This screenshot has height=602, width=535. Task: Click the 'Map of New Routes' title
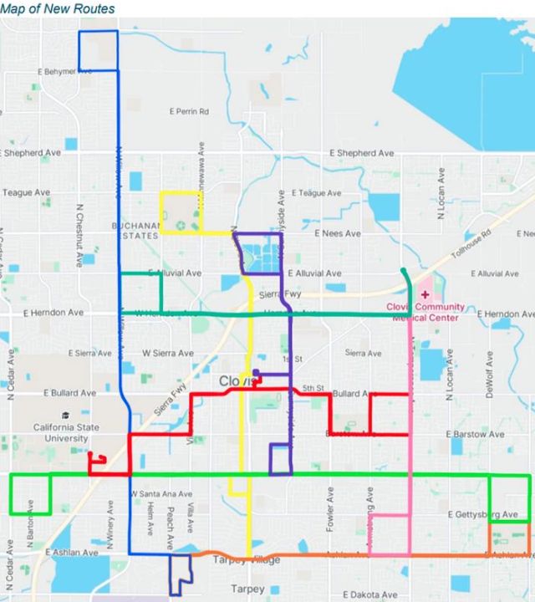(58, 8)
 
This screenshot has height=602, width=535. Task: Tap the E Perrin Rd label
(189, 111)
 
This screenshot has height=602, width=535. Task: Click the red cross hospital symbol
(425, 293)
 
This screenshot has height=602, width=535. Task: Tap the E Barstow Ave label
(475, 435)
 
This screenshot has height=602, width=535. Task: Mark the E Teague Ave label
(316, 193)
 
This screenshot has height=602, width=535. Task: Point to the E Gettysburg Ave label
(483, 514)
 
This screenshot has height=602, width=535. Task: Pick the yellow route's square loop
(181, 212)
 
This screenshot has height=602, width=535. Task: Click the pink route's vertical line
(410, 418)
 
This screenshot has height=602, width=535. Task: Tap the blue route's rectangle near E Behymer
(98, 50)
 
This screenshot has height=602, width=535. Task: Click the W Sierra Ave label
(162, 353)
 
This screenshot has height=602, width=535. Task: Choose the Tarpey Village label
(247, 560)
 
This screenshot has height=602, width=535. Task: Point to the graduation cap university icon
(64, 415)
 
